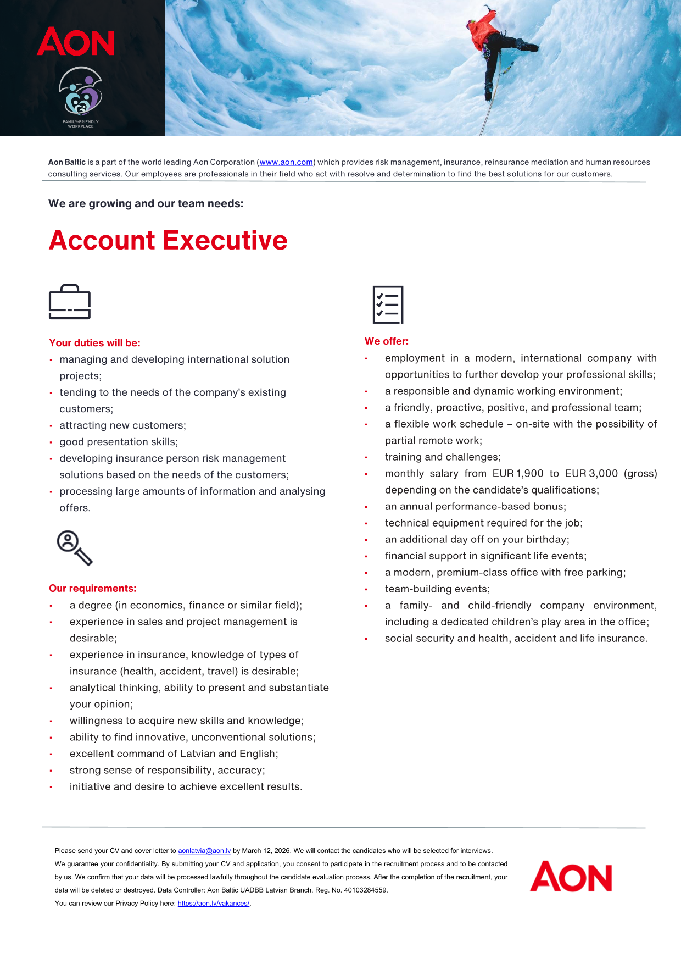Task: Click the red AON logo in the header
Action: (x=76, y=42)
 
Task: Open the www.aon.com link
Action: (x=286, y=162)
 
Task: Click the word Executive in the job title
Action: (x=225, y=241)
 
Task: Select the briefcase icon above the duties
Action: (x=70, y=302)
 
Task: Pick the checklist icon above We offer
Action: (x=388, y=304)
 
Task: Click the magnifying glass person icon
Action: (x=74, y=547)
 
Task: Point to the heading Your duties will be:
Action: (x=94, y=343)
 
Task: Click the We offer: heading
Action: (x=387, y=341)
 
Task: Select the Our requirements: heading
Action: (x=93, y=589)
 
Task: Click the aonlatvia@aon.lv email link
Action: (x=204, y=851)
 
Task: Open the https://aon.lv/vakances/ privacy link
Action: (x=214, y=904)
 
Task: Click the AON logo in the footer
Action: (x=571, y=877)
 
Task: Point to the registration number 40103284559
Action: (x=366, y=890)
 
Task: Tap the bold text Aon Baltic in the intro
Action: (x=67, y=162)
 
